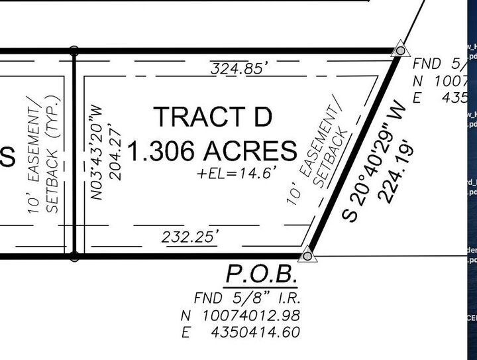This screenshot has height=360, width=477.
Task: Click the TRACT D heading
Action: click(213, 117)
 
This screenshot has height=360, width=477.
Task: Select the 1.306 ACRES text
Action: click(212, 152)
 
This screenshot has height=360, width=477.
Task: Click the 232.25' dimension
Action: click(189, 236)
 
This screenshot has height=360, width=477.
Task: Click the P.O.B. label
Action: click(261, 274)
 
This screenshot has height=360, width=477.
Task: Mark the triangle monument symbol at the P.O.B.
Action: click(307, 255)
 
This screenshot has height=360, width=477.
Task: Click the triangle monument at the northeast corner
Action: click(399, 50)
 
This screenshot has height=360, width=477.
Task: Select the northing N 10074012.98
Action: click(240, 314)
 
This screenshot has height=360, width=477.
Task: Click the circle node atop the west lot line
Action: click(74, 50)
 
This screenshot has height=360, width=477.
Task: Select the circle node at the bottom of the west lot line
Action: click(74, 255)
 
